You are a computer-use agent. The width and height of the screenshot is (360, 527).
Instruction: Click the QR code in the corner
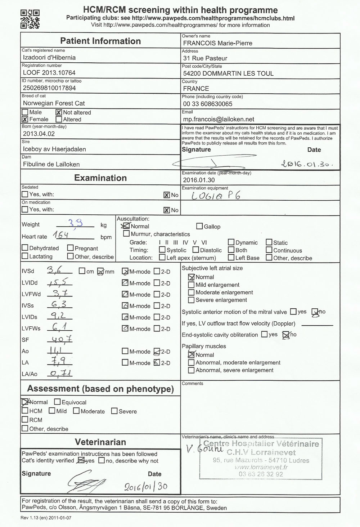click(30, 19)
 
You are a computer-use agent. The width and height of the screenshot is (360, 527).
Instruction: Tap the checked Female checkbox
click(25, 119)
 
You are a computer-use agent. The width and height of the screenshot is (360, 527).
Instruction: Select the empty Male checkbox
click(25, 112)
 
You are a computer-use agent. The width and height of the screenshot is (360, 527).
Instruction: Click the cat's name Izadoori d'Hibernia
click(49, 58)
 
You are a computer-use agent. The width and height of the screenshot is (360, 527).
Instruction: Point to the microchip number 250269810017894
click(49, 88)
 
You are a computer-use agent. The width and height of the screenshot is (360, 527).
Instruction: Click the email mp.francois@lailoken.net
click(219, 119)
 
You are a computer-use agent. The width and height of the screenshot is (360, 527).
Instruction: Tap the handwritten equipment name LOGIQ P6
click(216, 195)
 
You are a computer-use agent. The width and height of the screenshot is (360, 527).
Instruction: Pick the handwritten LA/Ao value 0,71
click(60, 374)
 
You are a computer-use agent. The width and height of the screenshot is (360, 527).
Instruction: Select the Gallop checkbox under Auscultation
click(199, 226)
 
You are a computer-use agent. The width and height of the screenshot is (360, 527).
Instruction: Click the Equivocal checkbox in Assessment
click(57, 402)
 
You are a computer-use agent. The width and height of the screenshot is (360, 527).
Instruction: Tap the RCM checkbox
click(25, 420)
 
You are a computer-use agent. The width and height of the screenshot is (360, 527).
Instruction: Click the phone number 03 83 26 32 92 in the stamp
click(261, 474)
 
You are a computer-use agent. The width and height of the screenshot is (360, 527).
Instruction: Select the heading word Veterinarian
click(100, 442)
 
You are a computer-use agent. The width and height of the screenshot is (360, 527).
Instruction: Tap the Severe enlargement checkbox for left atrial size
click(192, 300)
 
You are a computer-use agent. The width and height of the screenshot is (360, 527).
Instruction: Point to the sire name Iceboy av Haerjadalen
click(54, 149)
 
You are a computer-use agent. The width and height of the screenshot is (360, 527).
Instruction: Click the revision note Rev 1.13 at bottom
click(46, 518)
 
